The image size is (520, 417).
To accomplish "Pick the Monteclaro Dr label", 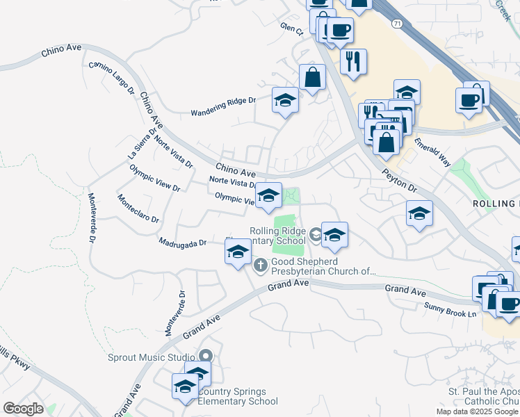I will (138, 208).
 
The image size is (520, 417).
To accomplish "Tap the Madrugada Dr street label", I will (183, 243).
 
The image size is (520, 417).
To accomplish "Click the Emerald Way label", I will (432, 151).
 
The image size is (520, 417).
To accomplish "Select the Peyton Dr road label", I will (399, 179).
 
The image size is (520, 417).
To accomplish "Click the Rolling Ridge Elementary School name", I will (277, 236).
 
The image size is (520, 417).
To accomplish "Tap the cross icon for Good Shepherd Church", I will (261, 264).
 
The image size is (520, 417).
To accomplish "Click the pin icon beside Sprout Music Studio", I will (206, 357).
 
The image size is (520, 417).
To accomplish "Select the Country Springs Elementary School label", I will (238, 396).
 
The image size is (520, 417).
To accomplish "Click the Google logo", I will (23, 409).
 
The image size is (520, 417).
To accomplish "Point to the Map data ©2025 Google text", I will (477, 411).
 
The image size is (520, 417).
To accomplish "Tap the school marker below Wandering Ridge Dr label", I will (285, 101).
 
